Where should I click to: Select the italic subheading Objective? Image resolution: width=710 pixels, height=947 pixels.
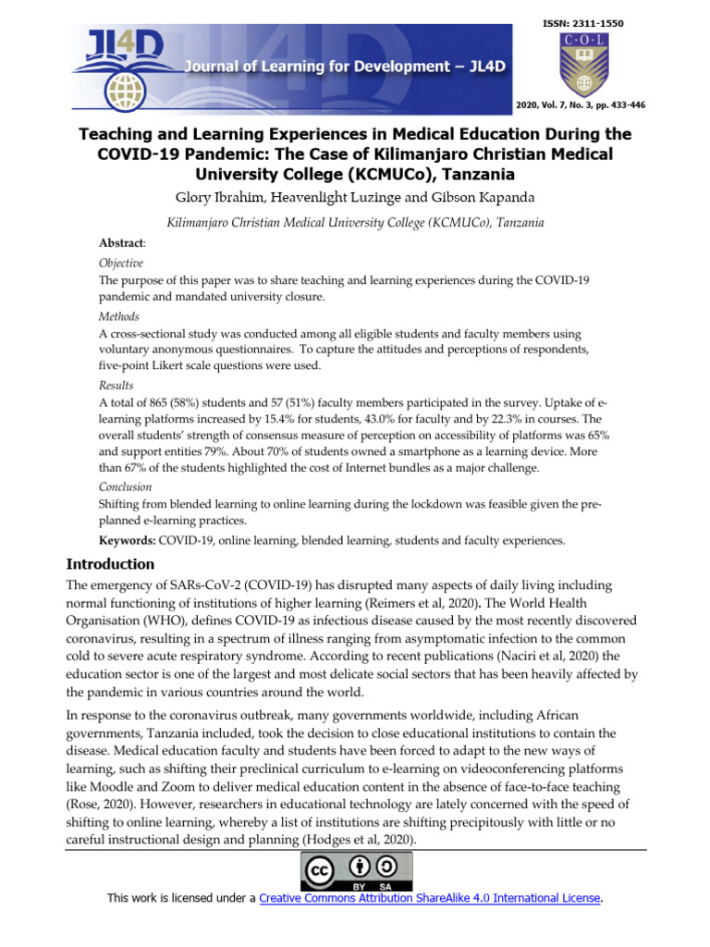click(121, 263)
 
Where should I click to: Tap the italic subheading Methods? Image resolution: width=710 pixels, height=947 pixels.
click(118, 316)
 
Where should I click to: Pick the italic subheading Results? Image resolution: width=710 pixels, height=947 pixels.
click(116, 386)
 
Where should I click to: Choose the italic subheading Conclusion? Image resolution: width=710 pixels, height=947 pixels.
click(126, 486)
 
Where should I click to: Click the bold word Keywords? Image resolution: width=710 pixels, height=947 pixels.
click(128, 540)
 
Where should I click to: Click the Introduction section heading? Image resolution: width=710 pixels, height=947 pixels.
click(111, 564)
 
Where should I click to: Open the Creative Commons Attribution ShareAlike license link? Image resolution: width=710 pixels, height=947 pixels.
click(430, 898)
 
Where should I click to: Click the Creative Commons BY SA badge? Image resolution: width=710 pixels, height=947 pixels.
click(355, 872)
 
